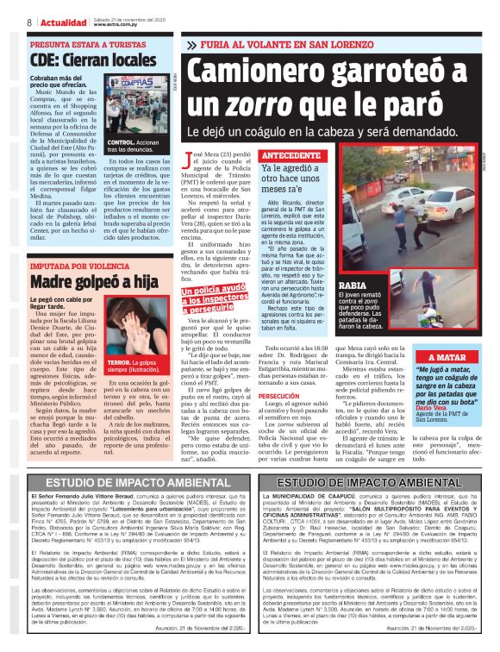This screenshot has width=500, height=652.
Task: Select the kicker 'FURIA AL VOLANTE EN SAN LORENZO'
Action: tap(281, 43)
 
